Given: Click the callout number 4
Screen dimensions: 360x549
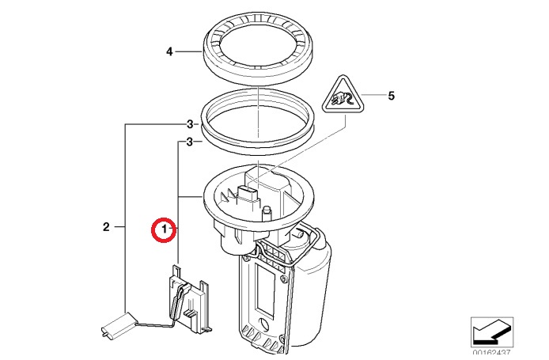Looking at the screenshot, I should (x=169, y=52).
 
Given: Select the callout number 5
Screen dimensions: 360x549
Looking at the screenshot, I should (x=390, y=97).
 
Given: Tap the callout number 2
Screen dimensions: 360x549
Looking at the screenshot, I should (x=107, y=228).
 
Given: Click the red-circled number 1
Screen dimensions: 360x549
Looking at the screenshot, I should (x=164, y=229).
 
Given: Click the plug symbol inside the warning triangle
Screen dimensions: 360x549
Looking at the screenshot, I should (x=343, y=100).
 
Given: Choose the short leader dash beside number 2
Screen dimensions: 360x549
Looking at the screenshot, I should (x=119, y=228).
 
